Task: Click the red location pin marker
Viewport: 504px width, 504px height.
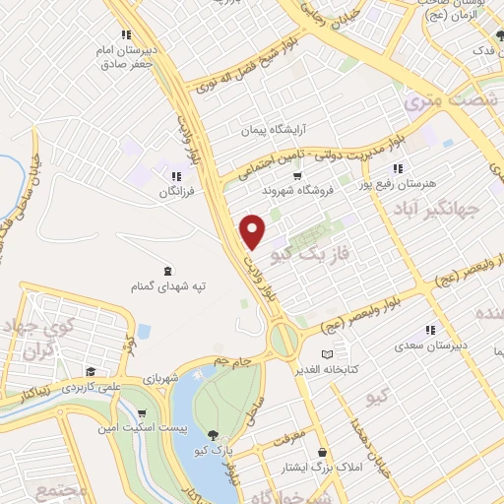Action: point(254,230)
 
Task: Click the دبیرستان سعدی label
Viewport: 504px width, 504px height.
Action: point(428,346)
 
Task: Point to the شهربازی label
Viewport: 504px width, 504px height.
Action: point(158,378)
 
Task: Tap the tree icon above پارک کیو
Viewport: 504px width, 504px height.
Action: point(213,434)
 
